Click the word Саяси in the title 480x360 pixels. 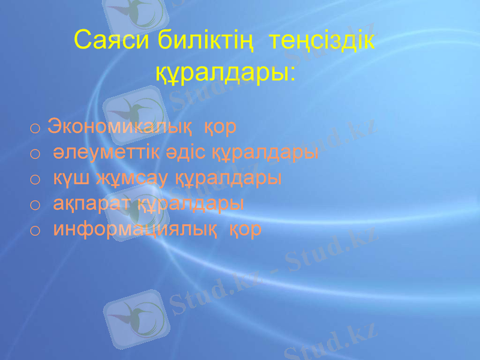[x=112, y=41]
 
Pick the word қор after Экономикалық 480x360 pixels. [x=221, y=127]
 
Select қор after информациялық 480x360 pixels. [x=246, y=229]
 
